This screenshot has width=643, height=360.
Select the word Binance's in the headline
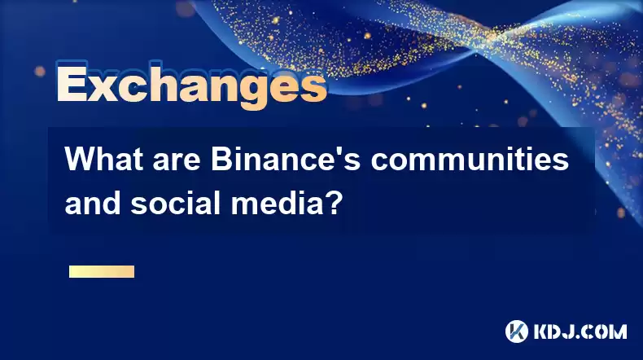[286, 160]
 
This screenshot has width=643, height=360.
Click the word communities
[470, 160]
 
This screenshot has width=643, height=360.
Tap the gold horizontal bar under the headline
[102, 271]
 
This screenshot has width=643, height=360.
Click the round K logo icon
[517, 331]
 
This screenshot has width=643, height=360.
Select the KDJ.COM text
[580, 331]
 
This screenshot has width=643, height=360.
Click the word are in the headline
[177, 162]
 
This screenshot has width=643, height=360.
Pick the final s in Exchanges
[314, 87]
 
